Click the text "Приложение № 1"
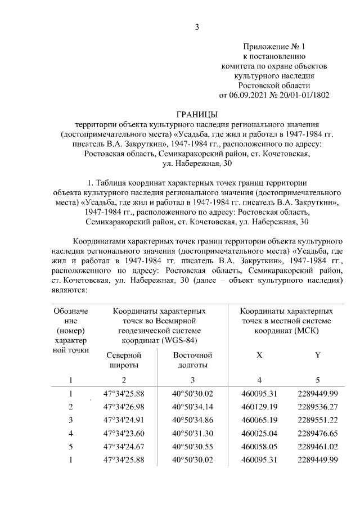[274, 46]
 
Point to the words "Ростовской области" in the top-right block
[274, 85]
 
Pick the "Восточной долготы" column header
[192, 360]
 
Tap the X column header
[259, 355]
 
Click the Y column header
[318, 355]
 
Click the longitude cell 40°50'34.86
[192, 420]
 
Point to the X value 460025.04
[260, 433]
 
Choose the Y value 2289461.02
[318, 447]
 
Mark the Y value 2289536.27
[318, 407]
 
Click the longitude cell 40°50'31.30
[192, 433]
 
